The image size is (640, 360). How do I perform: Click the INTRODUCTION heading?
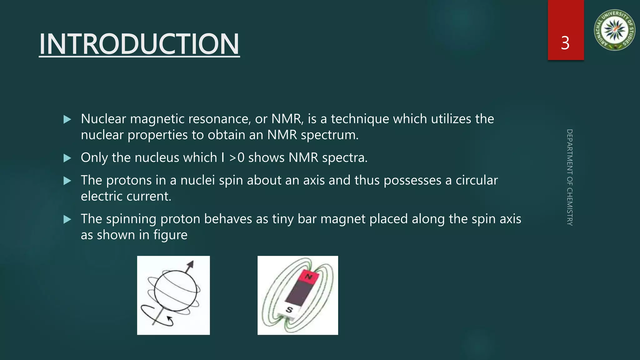[x=139, y=44]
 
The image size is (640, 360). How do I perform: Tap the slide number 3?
[x=565, y=43]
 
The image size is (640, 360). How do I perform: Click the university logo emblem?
[x=614, y=30]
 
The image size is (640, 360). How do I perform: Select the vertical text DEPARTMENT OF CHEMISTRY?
[x=569, y=177]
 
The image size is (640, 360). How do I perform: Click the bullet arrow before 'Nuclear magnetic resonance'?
[x=67, y=119]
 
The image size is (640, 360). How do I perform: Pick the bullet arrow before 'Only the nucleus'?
[x=67, y=158]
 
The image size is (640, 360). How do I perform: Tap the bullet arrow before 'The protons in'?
[x=67, y=181]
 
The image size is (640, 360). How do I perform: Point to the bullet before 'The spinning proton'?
[x=67, y=219]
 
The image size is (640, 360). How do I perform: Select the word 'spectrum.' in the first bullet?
[x=329, y=135]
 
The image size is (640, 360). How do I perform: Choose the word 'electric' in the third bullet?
[x=102, y=196]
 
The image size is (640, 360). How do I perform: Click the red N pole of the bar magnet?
[x=308, y=277]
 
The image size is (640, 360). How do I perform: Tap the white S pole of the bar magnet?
[x=289, y=310]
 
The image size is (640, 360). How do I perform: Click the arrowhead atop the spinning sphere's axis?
[x=190, y=264]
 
